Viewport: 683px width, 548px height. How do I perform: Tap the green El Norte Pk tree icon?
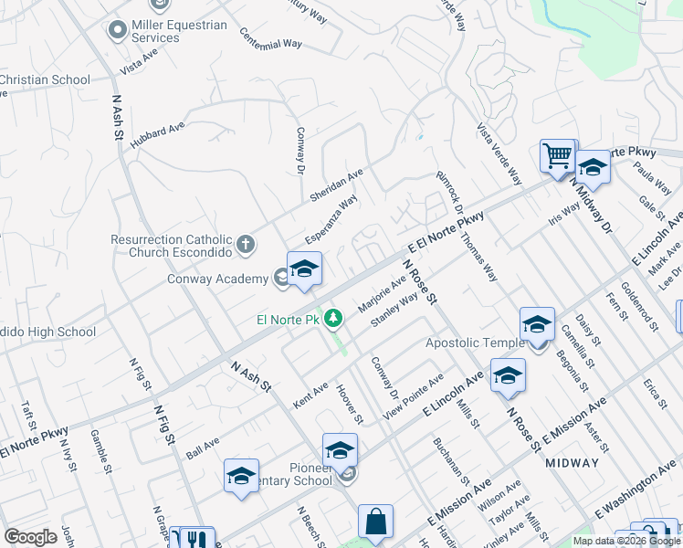coord(335,318)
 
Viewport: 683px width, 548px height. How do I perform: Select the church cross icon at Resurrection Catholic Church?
coord(245,244)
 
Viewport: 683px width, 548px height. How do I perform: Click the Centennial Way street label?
coord(271,38)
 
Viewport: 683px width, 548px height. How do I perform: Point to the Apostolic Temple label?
coord(475,343)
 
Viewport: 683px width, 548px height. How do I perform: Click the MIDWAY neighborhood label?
coord(573,462)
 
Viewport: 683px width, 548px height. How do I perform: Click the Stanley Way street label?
coord(394,309)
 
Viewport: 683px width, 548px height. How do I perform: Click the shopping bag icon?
coord(375,522)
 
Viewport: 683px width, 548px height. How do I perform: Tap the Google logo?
coord(30,537)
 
